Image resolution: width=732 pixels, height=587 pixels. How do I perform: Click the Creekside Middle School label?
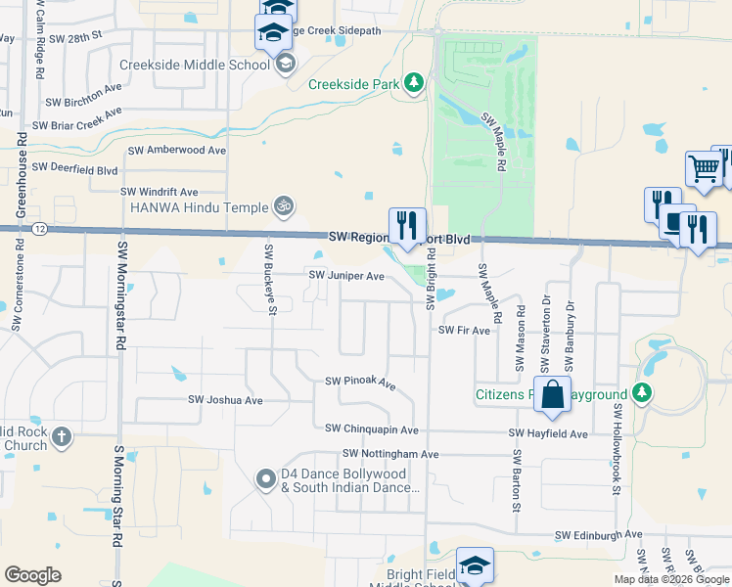tap(194, 66)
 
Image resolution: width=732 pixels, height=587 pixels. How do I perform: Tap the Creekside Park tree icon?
tap(414, 84)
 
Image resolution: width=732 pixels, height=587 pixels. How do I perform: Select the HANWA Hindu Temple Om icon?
tap(284, 206)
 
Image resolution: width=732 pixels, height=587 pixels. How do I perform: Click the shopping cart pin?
tap(704, 169)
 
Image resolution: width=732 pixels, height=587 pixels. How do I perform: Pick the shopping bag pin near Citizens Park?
tap(552, 395)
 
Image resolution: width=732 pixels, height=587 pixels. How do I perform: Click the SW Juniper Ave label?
tap(346, 276)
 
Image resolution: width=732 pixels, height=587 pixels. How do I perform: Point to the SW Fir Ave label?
tap(464, 331)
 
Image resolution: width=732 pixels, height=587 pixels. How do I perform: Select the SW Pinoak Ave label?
tap(359, 382)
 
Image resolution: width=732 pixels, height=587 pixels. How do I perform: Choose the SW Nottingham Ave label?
tap(390, 454)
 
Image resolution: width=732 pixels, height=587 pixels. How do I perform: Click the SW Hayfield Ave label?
tap(547, 433)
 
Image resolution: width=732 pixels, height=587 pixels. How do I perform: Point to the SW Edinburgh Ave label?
tap(598, 535)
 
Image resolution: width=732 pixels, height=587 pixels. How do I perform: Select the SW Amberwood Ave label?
tap(177, 151)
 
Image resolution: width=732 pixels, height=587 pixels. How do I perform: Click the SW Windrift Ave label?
tap(159, 193)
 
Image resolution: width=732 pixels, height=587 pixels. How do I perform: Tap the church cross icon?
tap(61, 436)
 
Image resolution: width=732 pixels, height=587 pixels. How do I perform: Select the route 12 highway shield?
tap(37, 228)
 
